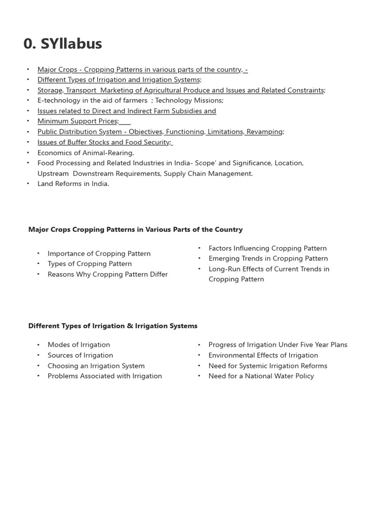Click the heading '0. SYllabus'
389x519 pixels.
coord(63,44)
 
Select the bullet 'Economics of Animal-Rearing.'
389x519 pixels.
coord(86,153)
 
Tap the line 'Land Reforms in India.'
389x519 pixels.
coord(73,184)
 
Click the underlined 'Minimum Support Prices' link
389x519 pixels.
coord(77,121)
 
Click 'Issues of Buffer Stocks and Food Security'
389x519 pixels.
coord(104,142)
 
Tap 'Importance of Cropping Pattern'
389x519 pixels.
coord(99,253)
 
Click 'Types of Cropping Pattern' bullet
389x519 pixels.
coord(90,264)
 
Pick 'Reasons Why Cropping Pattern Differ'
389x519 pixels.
coord(107,274)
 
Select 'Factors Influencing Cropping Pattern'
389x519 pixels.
coord(267,248)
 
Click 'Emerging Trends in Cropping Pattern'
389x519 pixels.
coord(268,258)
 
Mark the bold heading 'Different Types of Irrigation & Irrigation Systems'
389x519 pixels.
coord(113,326)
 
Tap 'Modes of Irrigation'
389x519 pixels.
coord(79,345)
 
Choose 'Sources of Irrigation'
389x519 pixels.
coord(80,355)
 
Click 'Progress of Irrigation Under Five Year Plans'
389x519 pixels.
coord(278,345)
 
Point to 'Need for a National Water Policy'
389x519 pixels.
coord(261,376)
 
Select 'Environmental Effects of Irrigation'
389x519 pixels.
coord(263,355)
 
